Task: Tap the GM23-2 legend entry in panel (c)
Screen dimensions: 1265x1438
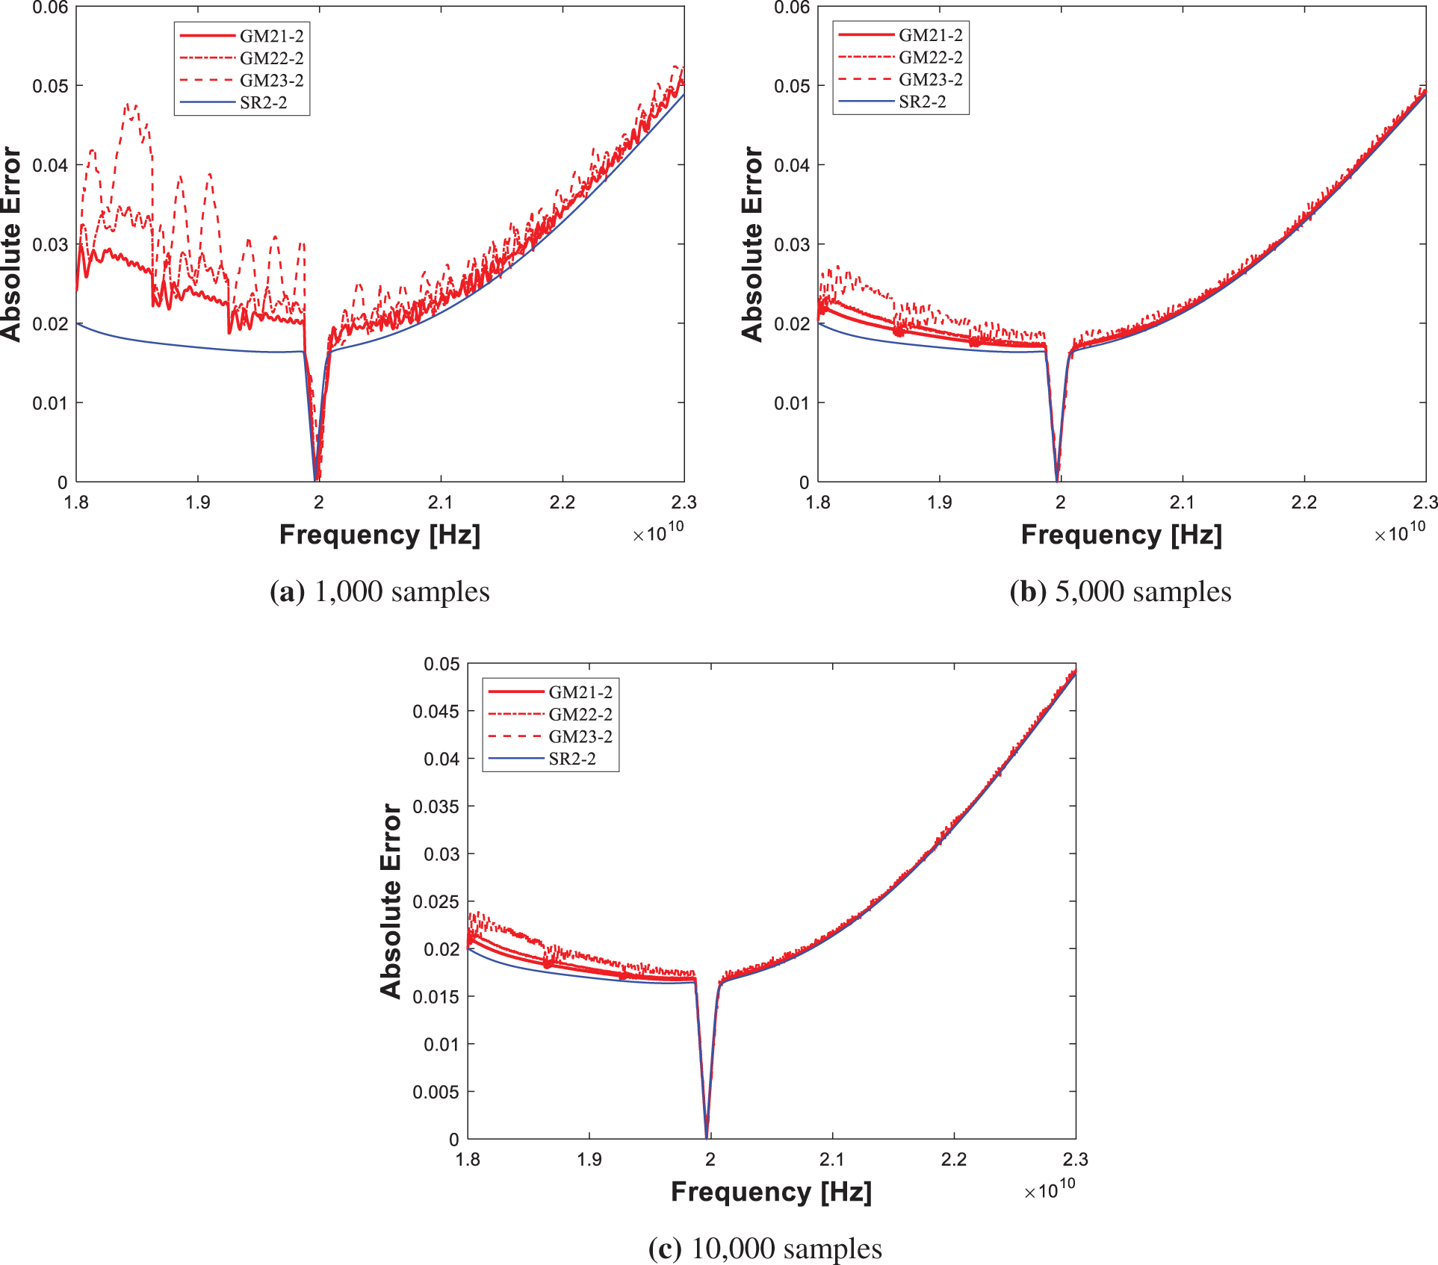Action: point(580,737)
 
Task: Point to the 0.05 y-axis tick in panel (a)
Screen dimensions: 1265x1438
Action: point(50,86)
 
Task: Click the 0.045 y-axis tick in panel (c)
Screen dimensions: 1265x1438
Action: point(436,712)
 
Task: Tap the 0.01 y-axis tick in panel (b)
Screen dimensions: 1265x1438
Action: point(791,403)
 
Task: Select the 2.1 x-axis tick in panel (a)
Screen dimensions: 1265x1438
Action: point(440,503)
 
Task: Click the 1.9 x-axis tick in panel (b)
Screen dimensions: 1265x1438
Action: point(939,503)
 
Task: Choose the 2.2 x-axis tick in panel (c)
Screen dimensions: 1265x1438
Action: point(953,1160)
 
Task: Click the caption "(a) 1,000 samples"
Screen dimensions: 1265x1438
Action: point(379,592)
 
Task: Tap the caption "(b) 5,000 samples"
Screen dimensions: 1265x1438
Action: point(1121,592)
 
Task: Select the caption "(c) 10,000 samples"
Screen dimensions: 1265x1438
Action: point(765,1249)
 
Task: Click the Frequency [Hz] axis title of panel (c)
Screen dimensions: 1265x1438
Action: point(771,1192)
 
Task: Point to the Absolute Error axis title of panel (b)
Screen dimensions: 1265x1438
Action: point(752,244)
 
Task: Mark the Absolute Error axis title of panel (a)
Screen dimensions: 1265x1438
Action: point(11,244)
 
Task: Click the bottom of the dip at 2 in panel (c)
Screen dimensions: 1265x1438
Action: point(707,1136)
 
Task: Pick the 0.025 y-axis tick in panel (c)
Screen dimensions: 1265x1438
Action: point(436,902)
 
